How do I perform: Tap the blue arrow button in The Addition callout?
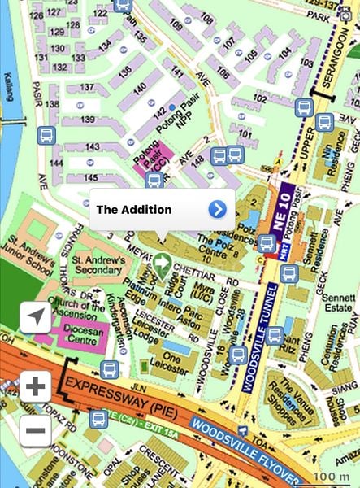pos(217,209)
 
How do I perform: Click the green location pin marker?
pos(162,263)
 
